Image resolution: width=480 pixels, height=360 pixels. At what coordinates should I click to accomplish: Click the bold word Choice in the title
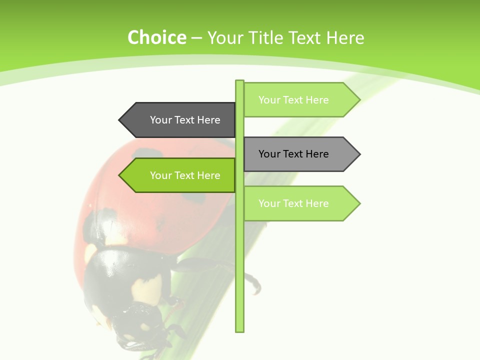[156, 37]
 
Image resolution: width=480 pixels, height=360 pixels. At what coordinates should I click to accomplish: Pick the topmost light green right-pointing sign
[297, 100]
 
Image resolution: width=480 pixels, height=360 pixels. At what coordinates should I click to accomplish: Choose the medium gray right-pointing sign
[297, 154]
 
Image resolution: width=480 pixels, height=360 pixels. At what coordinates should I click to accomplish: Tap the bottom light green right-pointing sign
[297, 203]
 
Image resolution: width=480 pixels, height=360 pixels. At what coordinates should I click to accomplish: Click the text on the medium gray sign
[293, 154]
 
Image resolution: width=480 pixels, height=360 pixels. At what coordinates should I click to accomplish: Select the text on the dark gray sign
[185, 120]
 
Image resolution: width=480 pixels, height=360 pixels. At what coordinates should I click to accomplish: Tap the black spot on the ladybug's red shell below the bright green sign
[194, 197]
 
